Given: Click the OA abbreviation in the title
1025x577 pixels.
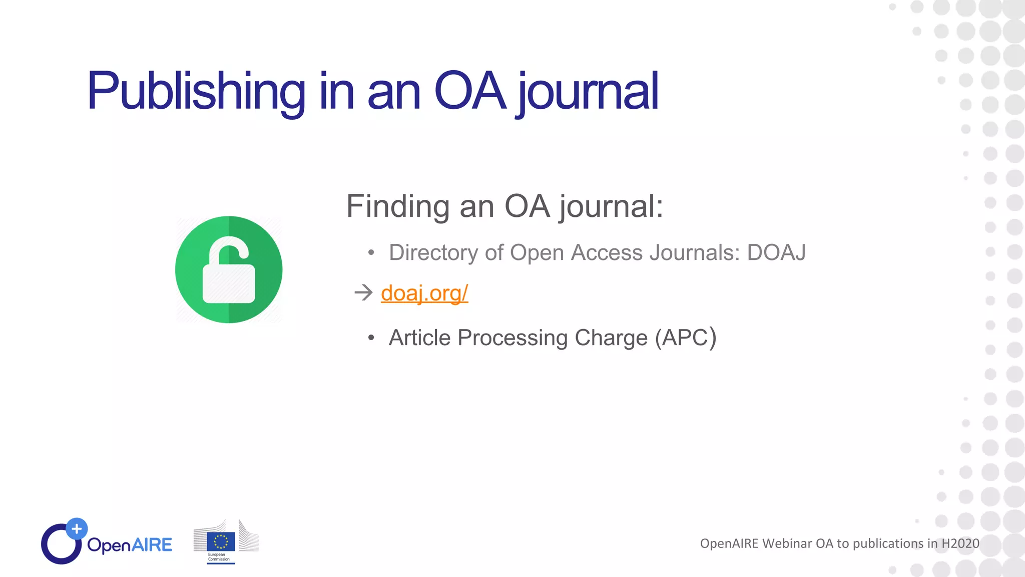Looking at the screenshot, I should tap(470, 91).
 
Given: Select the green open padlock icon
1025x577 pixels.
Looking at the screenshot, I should tap(229, 269).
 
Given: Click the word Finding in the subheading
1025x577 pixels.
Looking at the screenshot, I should tap(398, 206).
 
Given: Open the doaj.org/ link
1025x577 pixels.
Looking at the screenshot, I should tap(424, 293).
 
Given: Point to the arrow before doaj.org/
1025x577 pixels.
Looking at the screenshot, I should tap(363, 293).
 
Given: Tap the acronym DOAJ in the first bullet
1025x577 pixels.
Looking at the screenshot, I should tap(776, 252).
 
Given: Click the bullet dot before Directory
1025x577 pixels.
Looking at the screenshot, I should tap(371, 253).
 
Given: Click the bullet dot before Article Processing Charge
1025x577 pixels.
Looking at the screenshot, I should tap(371, 338).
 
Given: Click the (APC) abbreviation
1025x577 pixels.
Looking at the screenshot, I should tap(686, 338).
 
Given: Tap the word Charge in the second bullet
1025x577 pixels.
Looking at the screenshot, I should tap(611, 338).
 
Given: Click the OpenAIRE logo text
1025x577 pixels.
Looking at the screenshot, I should tap(130, 545).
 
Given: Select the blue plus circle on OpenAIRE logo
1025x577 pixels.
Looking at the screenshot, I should tap(77, 528).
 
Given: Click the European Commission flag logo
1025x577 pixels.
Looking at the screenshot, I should tap(221, 541).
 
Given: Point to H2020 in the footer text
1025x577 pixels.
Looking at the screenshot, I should tap(960, 543).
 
